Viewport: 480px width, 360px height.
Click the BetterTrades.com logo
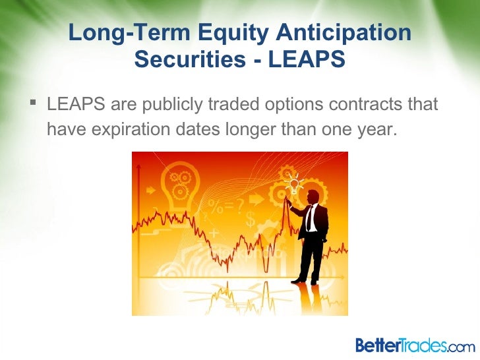(414, 344)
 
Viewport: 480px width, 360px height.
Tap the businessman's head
(312, 196)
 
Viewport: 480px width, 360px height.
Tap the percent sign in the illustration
(214, 204)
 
